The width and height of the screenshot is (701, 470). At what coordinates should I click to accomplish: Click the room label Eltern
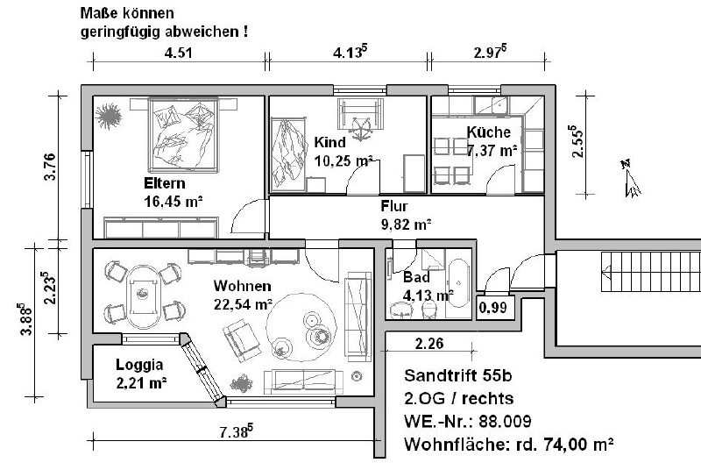165,183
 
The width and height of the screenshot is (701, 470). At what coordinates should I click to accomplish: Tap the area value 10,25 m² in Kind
343,160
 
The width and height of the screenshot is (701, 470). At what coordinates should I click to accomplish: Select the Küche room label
489,132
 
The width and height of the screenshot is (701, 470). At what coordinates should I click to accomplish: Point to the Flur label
394,206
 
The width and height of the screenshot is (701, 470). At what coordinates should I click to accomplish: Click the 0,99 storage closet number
493,307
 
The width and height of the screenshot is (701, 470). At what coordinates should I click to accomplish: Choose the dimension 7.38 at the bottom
236,431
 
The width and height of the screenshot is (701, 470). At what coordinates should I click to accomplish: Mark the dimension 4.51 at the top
179,53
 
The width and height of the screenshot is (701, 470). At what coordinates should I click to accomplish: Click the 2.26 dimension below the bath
429,344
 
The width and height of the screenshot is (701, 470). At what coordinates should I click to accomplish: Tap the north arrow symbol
631,179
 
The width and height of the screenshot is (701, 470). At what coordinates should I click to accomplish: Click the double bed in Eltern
184,135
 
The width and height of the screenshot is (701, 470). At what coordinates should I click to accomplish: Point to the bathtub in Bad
458,282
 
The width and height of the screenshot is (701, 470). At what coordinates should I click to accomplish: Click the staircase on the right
651,272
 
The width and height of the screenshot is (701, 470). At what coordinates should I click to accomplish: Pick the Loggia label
139,365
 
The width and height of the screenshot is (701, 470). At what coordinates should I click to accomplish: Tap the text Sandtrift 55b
457,375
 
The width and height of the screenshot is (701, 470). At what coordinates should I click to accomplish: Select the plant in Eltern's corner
108,116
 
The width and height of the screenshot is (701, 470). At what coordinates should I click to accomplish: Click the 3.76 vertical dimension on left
51,167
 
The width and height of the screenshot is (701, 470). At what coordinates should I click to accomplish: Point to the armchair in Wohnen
242,340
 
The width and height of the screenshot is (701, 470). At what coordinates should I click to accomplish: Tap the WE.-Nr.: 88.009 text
468,421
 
